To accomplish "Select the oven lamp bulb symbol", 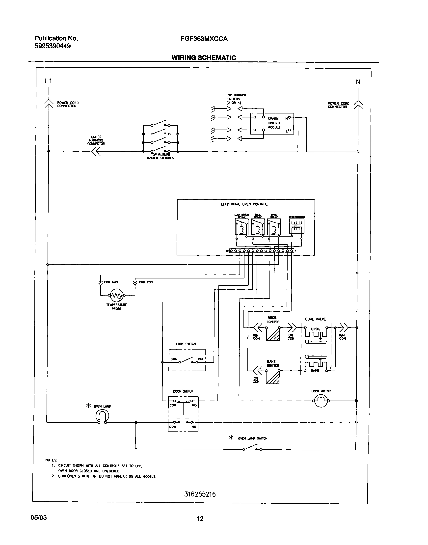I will [x=102, y=416].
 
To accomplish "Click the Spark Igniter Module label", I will [x=274, y=123].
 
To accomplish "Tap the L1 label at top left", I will [x=48, y=81].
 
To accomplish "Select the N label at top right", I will [x=358, y=82].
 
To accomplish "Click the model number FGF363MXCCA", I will [x=204, y=39].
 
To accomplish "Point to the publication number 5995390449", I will [x=53, y=46].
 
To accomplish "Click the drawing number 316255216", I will [x=200, y=494].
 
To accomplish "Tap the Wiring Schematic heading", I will [x=204, y=58].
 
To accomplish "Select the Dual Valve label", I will [x=315, y=319].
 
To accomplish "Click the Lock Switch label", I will [x=186, y=344].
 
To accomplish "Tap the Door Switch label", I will [x=183, y=391].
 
